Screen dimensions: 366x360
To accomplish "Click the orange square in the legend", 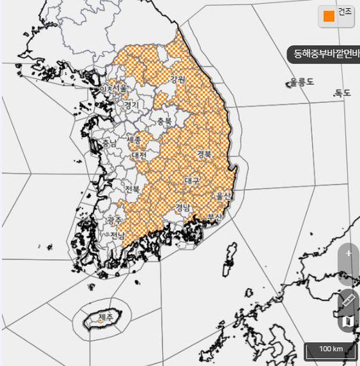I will [329, 16].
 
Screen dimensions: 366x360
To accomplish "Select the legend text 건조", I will [345, 12].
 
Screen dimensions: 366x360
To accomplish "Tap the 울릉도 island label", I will [301, 82].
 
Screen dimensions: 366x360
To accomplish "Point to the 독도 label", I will [342, 93].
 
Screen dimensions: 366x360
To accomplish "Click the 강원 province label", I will [177, 80].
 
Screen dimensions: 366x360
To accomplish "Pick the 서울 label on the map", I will [120, 89].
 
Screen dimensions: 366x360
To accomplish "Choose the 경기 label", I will [131, 104].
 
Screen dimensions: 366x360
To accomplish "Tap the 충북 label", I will [165, 121].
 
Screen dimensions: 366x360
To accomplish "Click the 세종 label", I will [134, 140].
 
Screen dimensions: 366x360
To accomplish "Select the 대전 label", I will [138, 156].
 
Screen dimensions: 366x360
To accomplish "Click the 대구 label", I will [191, 181].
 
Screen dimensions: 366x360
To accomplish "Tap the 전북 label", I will [132, 189].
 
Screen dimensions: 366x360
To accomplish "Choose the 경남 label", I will [182, 207].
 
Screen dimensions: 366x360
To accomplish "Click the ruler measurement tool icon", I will [348, 299].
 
